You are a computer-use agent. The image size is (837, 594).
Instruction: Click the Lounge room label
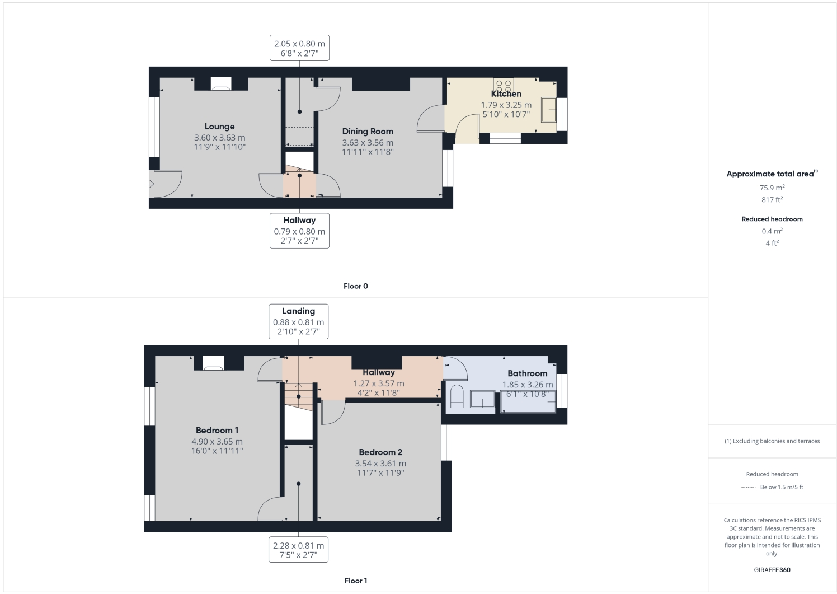tap(219, 127)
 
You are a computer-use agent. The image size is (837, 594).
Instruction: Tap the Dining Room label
tap(368, 132)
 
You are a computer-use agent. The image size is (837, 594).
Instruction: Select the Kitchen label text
tap(506, 94)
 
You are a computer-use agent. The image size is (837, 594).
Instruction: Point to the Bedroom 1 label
tap(217, 431)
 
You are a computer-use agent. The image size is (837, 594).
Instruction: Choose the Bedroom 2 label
tap(380, 452)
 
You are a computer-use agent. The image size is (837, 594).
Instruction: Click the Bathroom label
tap(527, 373)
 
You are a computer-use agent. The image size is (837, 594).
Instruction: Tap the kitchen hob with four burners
tap(504, 86)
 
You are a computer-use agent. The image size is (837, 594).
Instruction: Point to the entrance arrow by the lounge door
tap(151, 184)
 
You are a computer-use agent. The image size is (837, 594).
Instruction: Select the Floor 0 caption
tap(356, 286)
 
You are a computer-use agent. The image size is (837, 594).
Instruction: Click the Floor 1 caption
tap(356, 581)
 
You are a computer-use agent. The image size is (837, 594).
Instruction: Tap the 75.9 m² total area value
tap(772, 188)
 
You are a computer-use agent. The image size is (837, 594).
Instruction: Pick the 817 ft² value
tap(772, 200)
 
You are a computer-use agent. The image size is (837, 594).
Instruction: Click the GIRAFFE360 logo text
tap(772, 570)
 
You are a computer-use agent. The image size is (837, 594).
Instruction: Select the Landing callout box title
tap(298, 311)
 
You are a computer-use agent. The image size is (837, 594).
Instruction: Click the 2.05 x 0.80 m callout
tap(299, 44)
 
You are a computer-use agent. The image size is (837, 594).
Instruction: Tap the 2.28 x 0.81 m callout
tap(298, 545)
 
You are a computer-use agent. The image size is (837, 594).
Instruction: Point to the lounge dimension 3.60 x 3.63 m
tap(219, 138)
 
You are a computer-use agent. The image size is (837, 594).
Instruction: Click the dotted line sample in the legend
tap(748, 487)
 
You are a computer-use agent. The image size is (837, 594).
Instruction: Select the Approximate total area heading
tap(770, 174)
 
